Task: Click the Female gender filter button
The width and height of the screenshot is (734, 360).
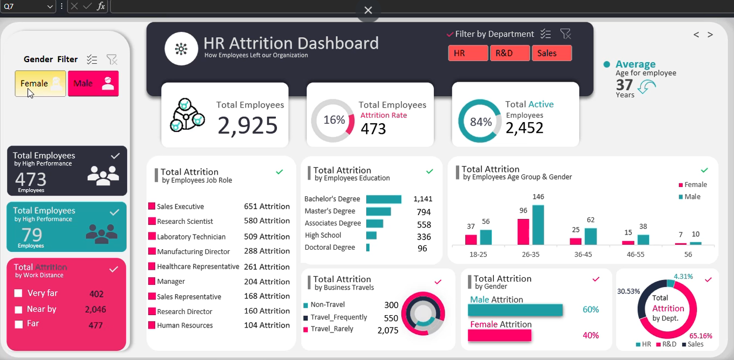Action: (x=40, y=84)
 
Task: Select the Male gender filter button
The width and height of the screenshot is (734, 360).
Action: (x=93, y=84)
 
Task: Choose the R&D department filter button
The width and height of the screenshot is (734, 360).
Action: (x=510, y=54)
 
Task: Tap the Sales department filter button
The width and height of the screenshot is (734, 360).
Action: (x=551, y=54)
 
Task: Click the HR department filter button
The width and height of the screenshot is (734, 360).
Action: (x=468, y=54)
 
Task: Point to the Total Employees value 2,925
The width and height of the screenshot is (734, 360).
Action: (x=248, y=125)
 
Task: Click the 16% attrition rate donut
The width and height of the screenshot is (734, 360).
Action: (x=333, y=121)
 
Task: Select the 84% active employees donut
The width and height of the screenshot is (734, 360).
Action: (x=480, y=122)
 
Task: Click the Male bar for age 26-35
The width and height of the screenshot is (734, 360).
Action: (x=538, y=225)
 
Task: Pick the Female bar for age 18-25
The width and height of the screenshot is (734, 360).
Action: (x=471, y=239)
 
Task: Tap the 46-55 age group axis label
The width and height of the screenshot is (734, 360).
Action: (x=635, y=254)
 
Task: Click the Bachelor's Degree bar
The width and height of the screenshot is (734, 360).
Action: (x=383, y=199)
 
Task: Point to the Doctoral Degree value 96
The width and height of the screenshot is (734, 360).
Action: (x=422, y=249)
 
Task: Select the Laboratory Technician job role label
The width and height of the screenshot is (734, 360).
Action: (x=191, y=237)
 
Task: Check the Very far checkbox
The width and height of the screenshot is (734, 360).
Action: (x=18, y=294)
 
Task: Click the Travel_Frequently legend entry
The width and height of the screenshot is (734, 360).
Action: (x=339, y=317)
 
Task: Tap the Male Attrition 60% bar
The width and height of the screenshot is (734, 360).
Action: (x=515, y=310)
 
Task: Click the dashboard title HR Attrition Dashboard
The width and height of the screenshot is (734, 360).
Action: (x=291, y=43)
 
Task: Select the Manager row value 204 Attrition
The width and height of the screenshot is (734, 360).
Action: (x=267, y=282)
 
